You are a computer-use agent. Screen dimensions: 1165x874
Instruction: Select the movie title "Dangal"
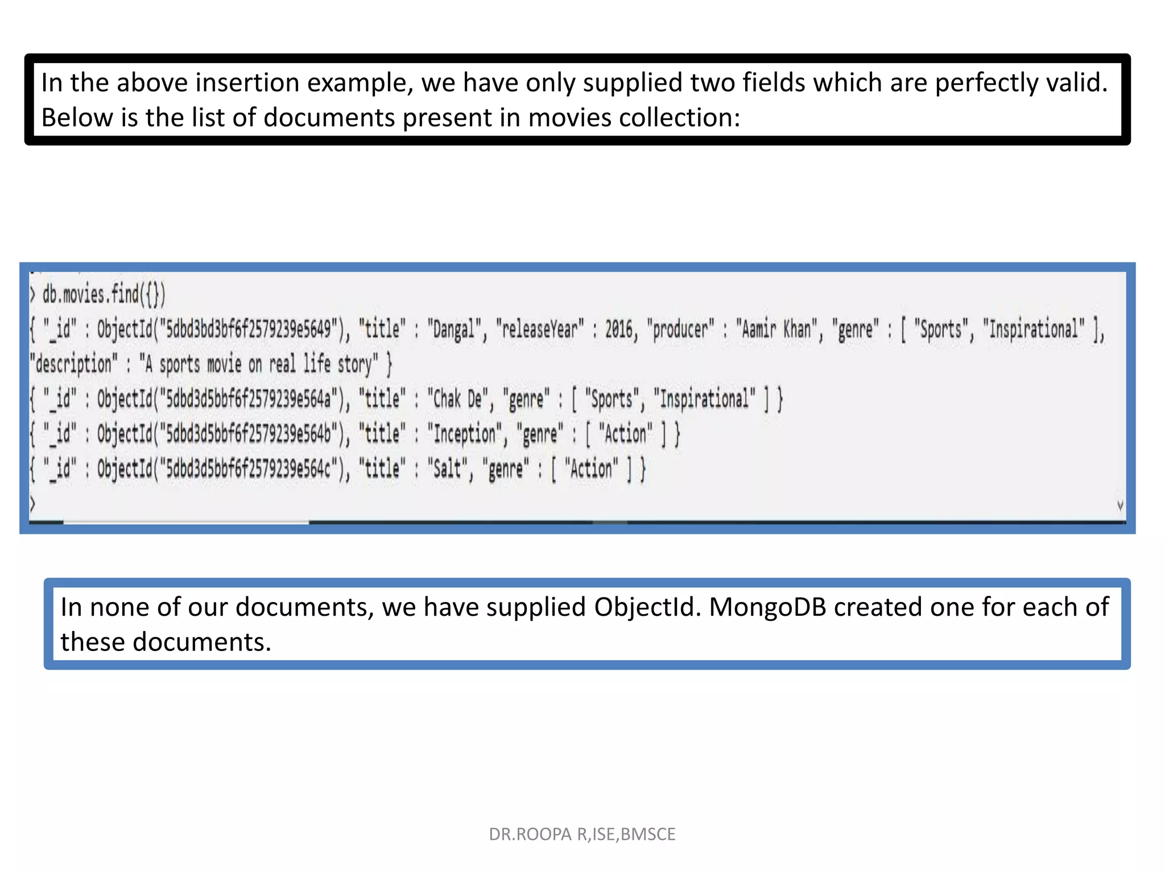click(x=453, y=330)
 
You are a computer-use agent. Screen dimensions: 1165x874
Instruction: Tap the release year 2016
click(x=618, y=330)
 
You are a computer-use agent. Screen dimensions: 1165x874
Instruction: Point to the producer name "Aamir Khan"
click(x=776, y=330)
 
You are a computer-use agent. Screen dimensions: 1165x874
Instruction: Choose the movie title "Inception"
click(x=464, y=434)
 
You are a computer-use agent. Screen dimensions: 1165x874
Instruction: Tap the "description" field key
click(x=73, y=364)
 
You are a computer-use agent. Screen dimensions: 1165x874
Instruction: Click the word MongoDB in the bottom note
click(x=767, y=607)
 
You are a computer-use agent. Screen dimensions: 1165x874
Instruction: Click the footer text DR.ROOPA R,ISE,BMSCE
click(x=582, y=834)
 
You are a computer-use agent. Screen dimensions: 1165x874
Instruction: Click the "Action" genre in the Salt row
click(x=591, y=469)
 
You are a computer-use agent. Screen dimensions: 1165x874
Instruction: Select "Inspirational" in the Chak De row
click(x=705, y=399)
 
